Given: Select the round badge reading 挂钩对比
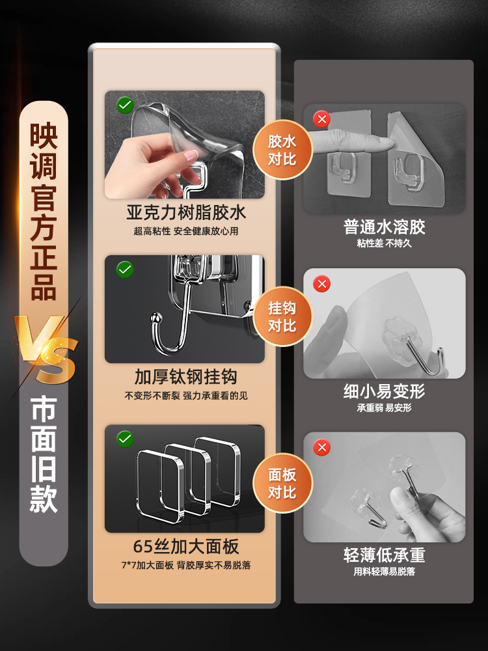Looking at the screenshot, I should click(x=282, y=316).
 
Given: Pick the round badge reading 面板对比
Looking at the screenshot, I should click(x=282, y=484).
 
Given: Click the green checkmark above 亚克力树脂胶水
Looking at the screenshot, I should click(x=124, y=104).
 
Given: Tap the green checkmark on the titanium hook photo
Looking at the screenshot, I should click(x=124, y=269).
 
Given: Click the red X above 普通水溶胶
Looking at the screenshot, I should click(x=321, y=119).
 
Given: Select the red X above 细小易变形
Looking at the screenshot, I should click(x=321, y=284).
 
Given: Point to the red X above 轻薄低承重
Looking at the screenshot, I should click(x=321, y=448).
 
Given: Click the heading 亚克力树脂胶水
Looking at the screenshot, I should click(x=186, y=213).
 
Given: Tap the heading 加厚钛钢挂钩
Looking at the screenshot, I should click(x=186, y=378).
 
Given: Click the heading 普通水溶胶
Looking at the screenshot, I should click(x=384, y=227).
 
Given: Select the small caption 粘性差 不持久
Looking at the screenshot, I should click(x=384, y=243).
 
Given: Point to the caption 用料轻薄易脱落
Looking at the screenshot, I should click(x=384, y=572).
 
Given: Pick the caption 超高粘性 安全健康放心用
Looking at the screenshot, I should click(x=186, y=231).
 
